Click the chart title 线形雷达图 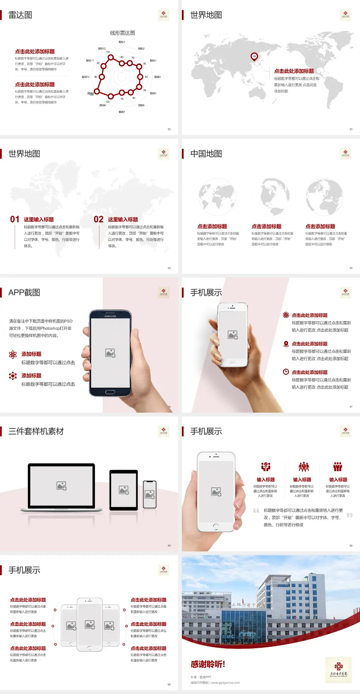(x=122, y=33)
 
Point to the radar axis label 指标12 (x=102, y=49)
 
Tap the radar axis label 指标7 (x=122, y=112)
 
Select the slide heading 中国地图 (x=206, y=154)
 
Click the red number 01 (x=15, y=219)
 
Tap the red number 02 (x=98, y=219)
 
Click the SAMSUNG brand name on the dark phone (x=110, y=316)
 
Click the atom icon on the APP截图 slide (x=13, y=355)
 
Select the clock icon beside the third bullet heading (x=286, y=372)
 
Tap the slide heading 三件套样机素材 (x=36, y=431)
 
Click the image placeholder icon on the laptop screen (x=61, y=486)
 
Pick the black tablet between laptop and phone (x=124, y=490)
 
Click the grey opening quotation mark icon (x=256, y=511)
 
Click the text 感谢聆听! (x=208, y=664)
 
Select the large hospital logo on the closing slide (x=338, y=669)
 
